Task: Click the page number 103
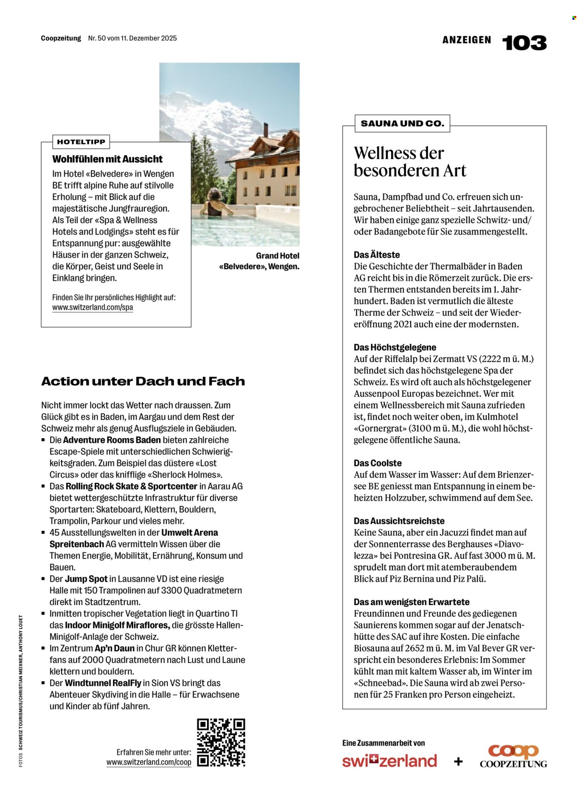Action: point(524,43)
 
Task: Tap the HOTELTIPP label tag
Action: point(81,142)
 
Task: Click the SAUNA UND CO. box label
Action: point(402,124)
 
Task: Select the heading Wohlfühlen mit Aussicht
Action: point(107,159)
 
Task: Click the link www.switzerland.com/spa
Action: point(93,307)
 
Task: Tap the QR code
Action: point(221,742)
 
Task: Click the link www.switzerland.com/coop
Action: point(149,762)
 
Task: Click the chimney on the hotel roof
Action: point(266,130)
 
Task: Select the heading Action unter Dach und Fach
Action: point(143,381)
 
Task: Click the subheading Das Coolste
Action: point(378,463)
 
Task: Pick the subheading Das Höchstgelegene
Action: point(395,347)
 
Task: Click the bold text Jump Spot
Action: point(86,579)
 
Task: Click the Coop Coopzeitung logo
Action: point(513,756)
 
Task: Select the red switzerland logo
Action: point(389,760)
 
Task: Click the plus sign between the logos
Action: point(458,761)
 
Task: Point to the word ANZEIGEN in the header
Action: point(467,40)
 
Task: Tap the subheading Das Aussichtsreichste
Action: point(399,521)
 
